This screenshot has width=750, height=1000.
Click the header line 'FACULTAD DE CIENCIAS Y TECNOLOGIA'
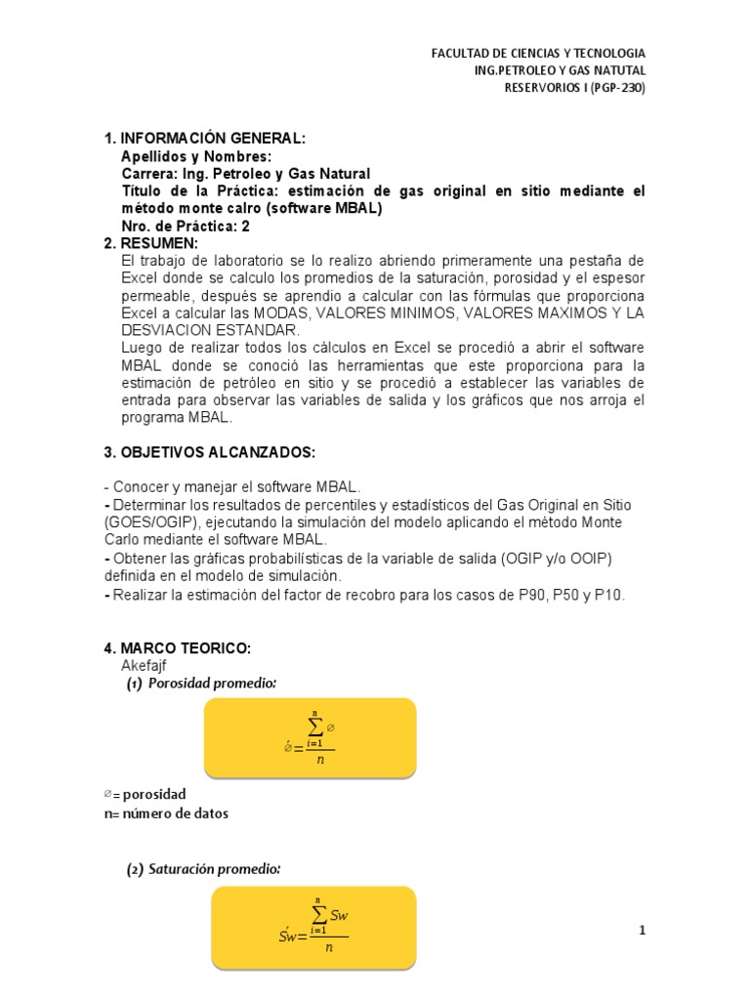(x=538, y=53)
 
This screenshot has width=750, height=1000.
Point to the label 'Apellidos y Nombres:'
(x=196, y=156)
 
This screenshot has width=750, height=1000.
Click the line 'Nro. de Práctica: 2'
(x=186, y=226)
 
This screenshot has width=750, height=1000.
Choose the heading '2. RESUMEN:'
(x=150, y=243)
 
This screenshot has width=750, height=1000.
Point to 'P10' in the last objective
(x=609, y=594)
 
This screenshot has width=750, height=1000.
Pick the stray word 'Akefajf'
(x=144, y=665)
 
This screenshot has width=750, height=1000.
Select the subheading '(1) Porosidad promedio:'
(x=201, y=684)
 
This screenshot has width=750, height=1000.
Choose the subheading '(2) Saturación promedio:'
(x=203, y=869)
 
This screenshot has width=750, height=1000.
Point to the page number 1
(x=643, y=931)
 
